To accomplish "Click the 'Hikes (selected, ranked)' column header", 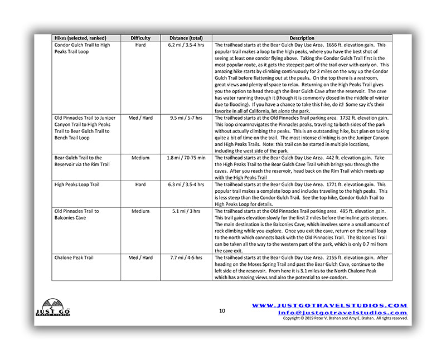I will (82, 38).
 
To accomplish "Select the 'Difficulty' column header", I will (140, 38).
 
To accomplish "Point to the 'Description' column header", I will (302, 38).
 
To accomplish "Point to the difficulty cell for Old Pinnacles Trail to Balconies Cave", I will (140, 211).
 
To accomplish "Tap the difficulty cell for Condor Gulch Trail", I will (140, 45).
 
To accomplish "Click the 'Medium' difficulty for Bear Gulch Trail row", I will (140, 158).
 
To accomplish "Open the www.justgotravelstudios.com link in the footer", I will (329, 305).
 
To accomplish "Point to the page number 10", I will (222, 311).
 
